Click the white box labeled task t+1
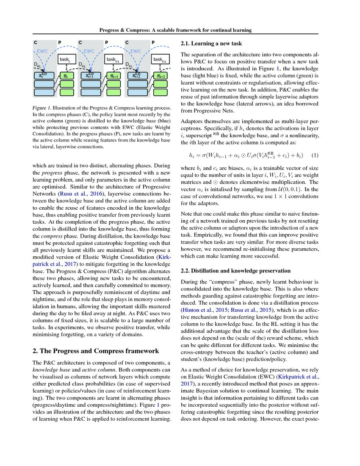click(113, 60)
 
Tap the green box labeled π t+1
click(113, 76)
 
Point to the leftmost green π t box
click(66, 76)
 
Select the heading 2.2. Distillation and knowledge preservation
click(235, 270)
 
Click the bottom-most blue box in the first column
click(44, 92)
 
